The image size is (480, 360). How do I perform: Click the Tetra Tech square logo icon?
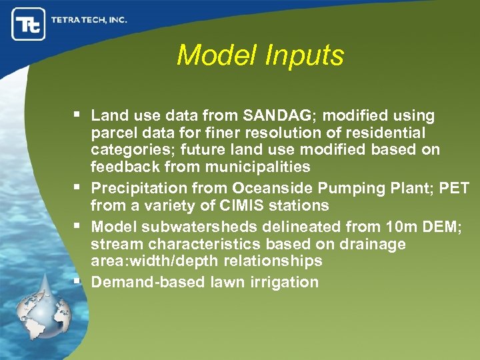coord(29,24)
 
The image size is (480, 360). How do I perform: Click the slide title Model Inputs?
coord(260,55)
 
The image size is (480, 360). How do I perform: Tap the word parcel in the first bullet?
coord(111,133)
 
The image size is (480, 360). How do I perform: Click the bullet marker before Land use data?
coord(79,116)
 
